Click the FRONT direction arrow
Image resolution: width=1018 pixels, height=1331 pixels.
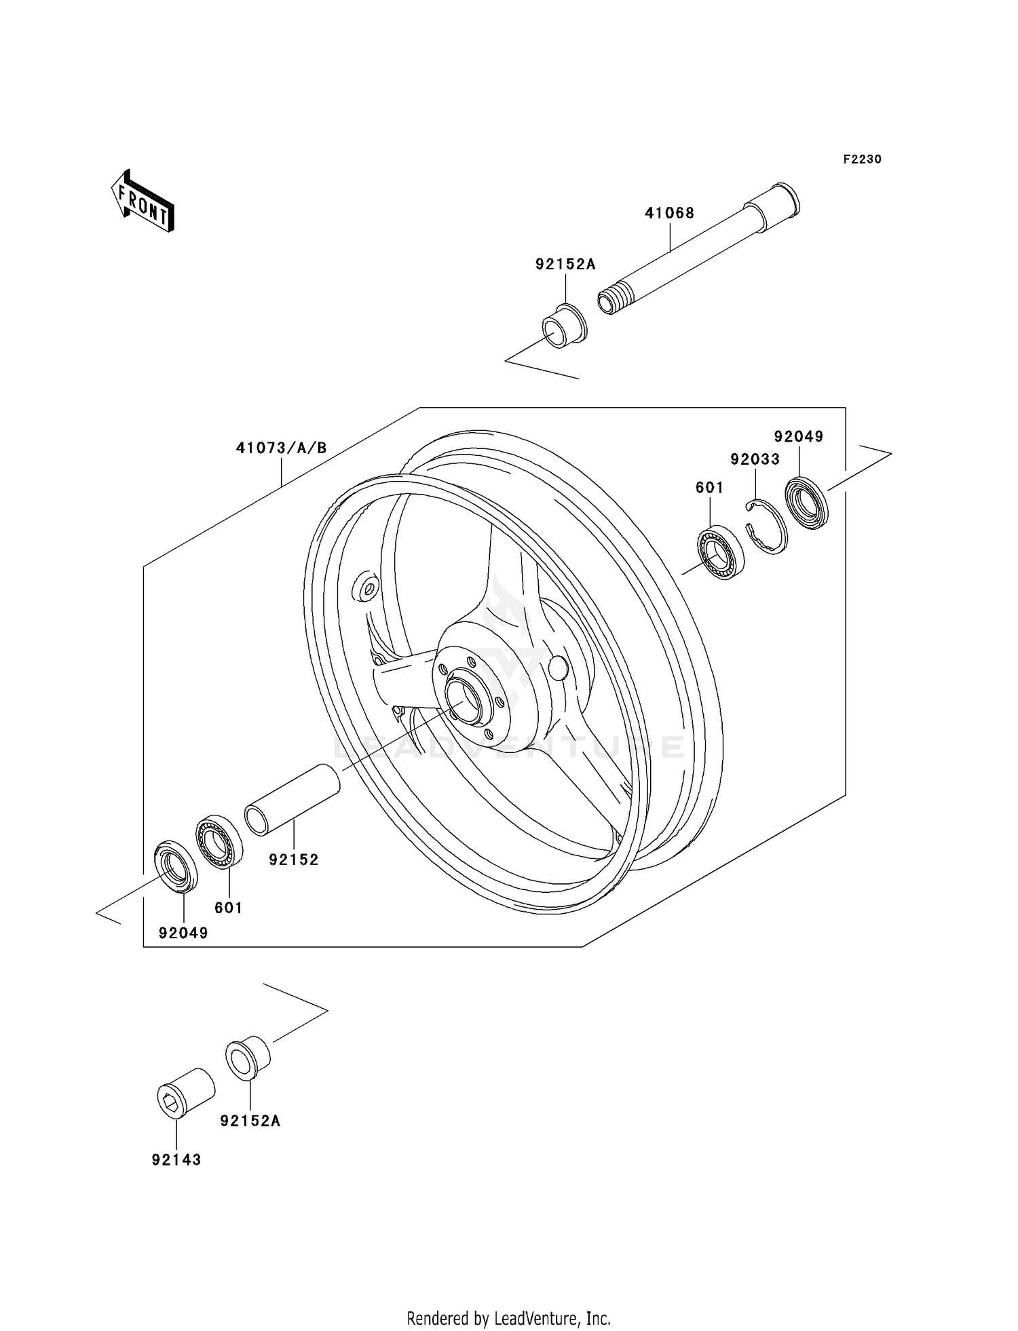[x=143, y=201]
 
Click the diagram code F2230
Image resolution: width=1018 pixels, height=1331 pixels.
[x=862, y=159]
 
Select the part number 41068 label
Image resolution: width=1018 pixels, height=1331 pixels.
[x=669, y=213]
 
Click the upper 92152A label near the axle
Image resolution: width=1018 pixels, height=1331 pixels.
[x=565, y=265]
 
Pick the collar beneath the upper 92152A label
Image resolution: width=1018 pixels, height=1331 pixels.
[x=564, y=326]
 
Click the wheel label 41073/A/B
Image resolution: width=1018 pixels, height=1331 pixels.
[x=282, y=448]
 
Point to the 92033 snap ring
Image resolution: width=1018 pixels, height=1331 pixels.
[x=767, y=526]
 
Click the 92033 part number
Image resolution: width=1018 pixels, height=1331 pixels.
[x=755, y=459]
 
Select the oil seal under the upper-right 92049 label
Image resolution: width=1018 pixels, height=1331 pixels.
[x=807, y=503]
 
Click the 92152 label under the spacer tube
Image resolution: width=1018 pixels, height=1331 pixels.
[x=293, y=860]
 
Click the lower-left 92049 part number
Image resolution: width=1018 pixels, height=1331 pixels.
[x=183, y=933]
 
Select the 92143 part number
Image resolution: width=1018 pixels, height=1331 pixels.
[x=176, y=1159]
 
